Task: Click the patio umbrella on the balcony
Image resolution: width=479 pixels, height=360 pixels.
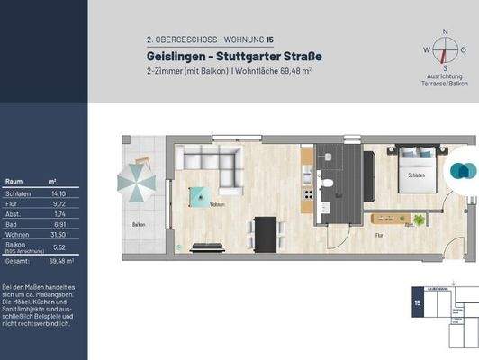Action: [137, 184]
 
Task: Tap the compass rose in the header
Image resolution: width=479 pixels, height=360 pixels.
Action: [444, 53]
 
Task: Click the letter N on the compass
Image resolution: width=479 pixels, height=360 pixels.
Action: [444, 31]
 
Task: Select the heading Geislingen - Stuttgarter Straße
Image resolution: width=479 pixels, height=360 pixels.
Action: [221, 57]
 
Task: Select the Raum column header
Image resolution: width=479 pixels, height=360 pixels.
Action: [14, 181]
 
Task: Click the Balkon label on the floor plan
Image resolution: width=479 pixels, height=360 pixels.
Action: [139, 224]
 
